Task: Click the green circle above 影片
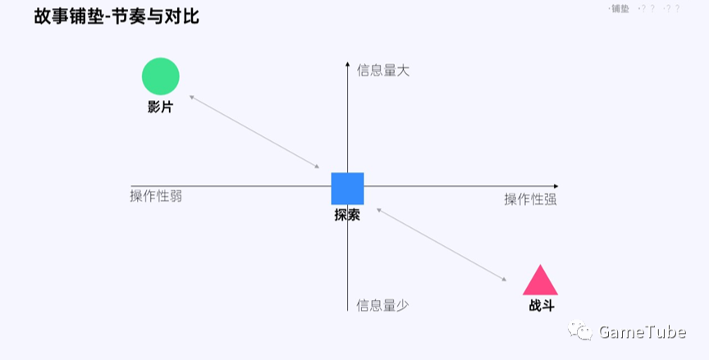point(161,76)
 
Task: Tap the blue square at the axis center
point(347,189)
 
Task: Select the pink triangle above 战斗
point(540,282)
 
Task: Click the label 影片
point(161,107)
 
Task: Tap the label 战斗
point(541,306)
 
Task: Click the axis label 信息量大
point(383,71)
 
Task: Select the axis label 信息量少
point(382,305)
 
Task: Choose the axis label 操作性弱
point(156,195)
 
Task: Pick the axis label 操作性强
point(530,199)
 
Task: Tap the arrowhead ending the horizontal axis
point(556,186)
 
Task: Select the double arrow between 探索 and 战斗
point(441,245)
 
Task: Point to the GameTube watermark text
point(642,332)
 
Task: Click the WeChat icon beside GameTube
point(583,331)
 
